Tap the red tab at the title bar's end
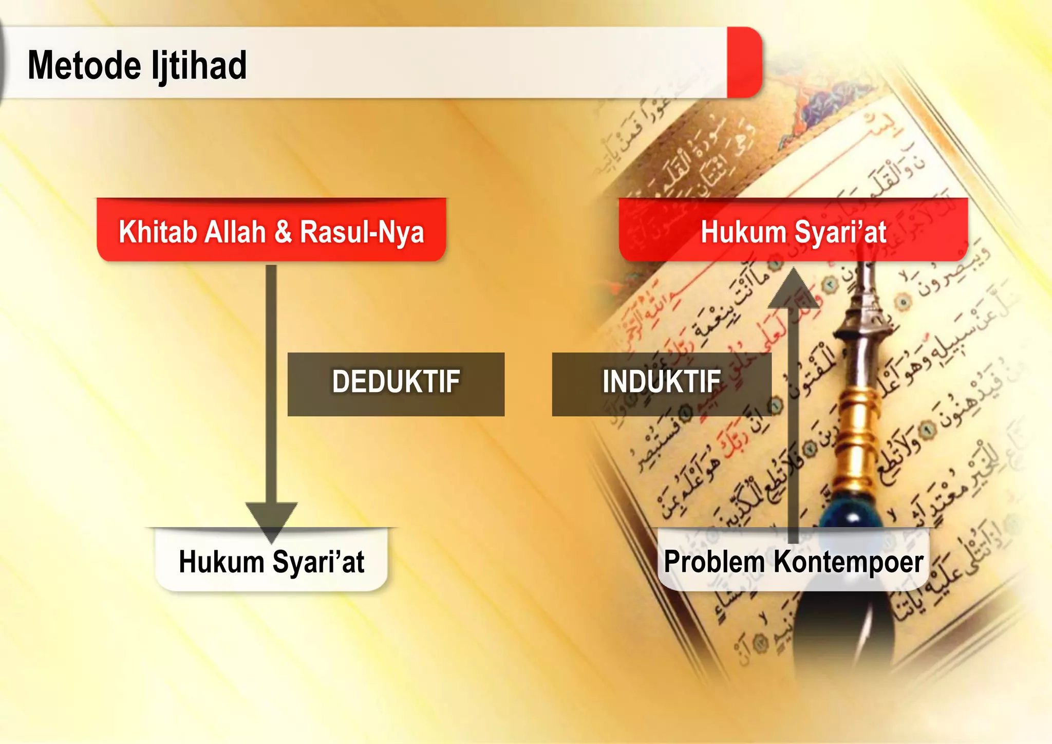[744, 62]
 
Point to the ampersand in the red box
[283, 232]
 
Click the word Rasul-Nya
[362, 232]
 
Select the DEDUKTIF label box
[396, 384]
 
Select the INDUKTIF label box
[661, 384]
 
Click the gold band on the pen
[855, 416]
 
